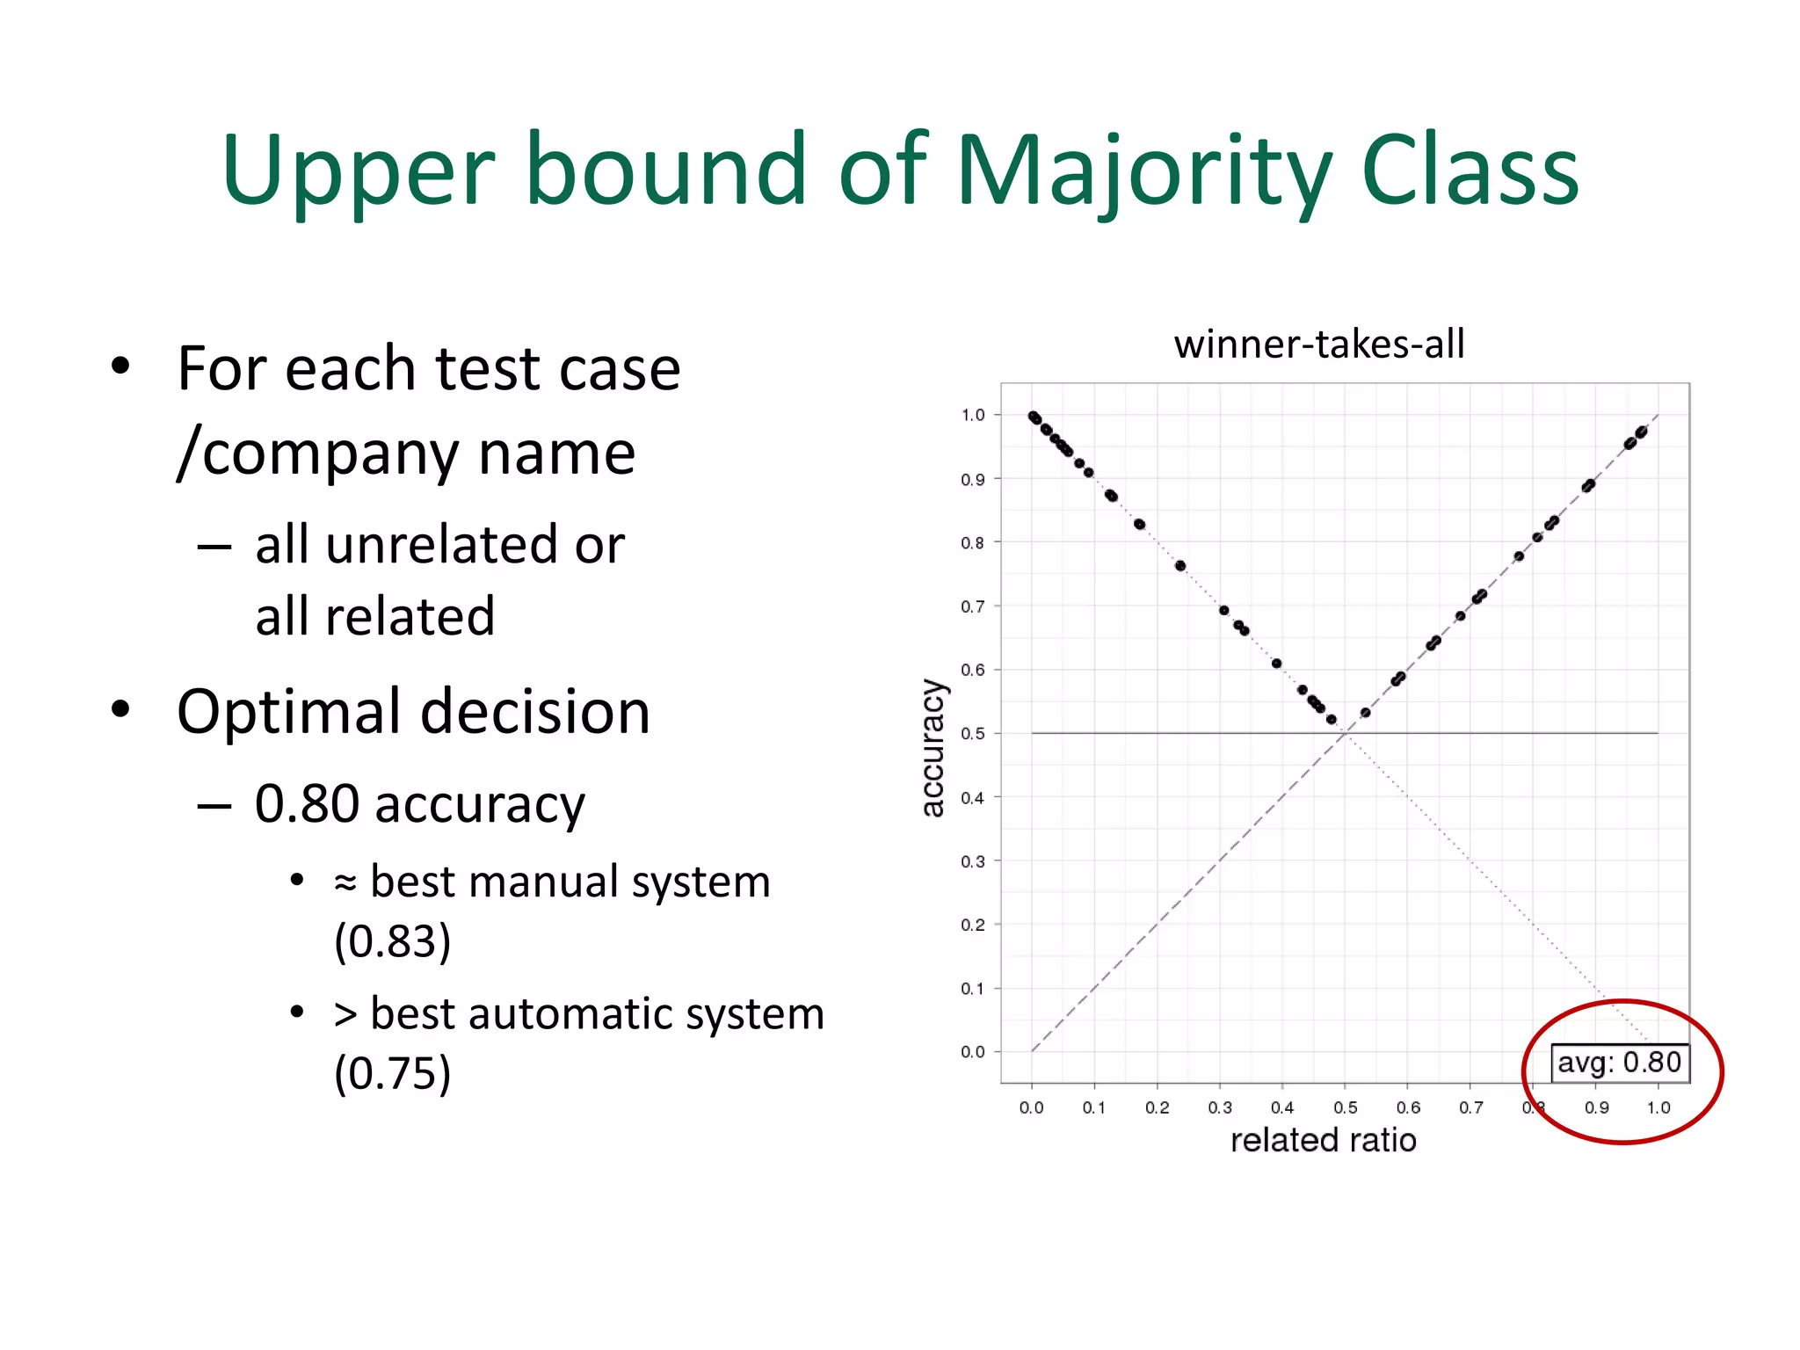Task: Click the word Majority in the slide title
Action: (1143, 171)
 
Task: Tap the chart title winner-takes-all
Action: (1318, 344)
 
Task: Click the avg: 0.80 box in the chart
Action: (1619, 1062)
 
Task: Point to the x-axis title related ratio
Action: (1323, 1140)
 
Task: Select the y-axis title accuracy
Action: (933, 747)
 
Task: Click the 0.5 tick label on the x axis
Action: (1345, 1107)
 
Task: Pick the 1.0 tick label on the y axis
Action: (973, 415)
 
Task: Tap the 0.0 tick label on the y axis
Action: (973, 1051)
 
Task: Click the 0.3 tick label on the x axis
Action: (1220, 1107)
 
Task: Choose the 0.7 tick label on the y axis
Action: (973, 606)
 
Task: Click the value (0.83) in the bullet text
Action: (392, 941)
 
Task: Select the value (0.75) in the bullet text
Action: (392, 1073)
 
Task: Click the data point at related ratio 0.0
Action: (1034, 417)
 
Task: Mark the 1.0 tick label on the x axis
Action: (1658, 1107)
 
